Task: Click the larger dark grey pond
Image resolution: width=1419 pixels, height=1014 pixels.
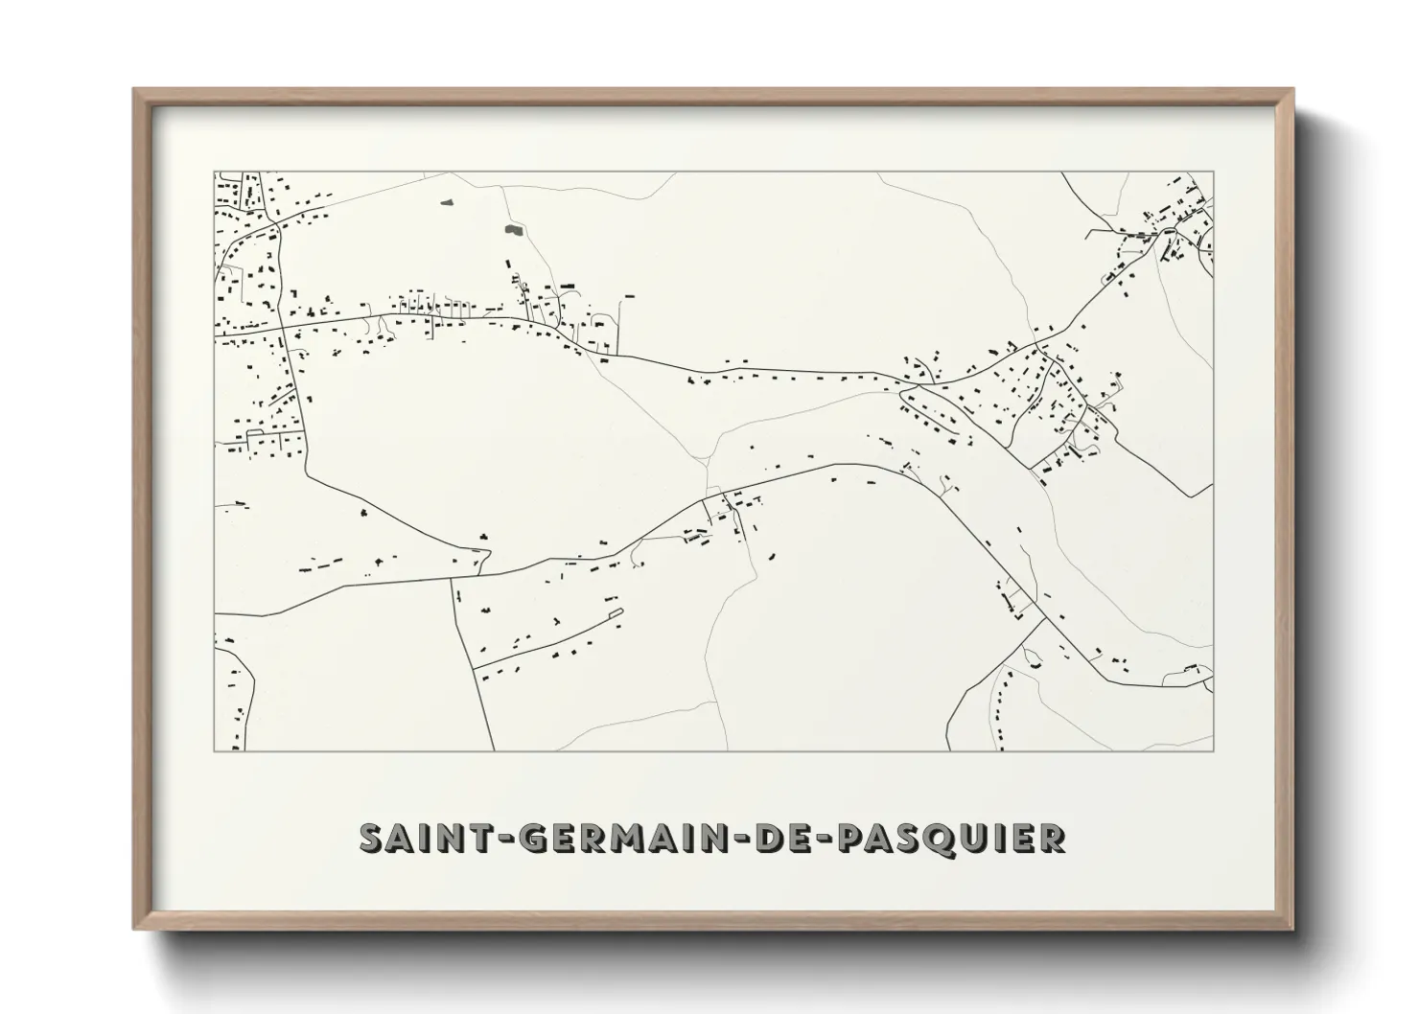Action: pyautogui.click(x=513, y=230)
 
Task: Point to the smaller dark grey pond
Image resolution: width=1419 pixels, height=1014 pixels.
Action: pyautogui.click(x=446, y=202)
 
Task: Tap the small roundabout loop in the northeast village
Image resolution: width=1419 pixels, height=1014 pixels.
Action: pyautogui.click(x=1168, y=231)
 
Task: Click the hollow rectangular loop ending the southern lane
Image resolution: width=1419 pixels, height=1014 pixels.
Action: pyautogui.click(x=616, y=612)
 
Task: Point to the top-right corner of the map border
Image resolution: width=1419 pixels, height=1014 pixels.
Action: pyautogui.click(x=1213, y=173)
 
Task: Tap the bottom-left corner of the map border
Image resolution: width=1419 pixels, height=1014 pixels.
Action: pyautogui.click(x=215, y=750)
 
